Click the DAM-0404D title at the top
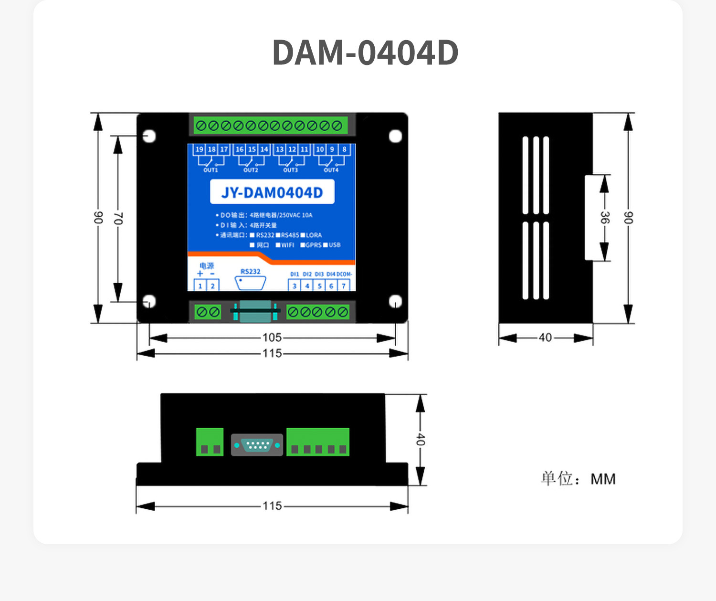pos(365,53)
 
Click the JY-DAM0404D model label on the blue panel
pos(272,192)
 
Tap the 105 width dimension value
pos(272,337)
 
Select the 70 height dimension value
pos(118,219)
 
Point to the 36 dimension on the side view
pos(604,218)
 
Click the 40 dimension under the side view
pos(545,337)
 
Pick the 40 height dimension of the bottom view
pos(420,439)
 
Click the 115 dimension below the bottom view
pos(272,506)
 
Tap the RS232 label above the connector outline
pos(251,272)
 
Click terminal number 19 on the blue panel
pos(200,149)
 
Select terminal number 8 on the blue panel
pos(344,149)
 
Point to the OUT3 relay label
pos(290,170)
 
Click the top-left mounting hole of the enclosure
pos(149,136)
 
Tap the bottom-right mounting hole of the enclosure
pos(395,301)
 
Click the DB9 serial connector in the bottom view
pos(257,445)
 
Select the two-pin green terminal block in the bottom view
pos(210,442)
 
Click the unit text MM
pos(603,479)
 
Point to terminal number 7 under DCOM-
pos(344,286)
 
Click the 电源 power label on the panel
pos(207,266)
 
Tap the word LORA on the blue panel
pos(314,235)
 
